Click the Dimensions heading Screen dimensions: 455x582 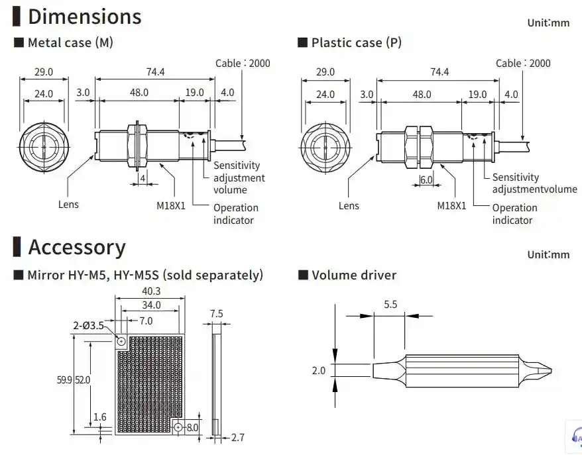(x=84, y=16)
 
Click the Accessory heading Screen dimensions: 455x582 (x=76, y=247)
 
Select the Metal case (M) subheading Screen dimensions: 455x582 (x=70, y=43)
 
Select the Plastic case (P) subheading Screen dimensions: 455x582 (x=356, y=43)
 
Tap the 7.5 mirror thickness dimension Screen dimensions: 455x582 (x=216, y=313)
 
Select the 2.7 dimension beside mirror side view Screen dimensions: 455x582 (x=238, y=438)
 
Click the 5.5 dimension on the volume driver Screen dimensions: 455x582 (x=390, y=305)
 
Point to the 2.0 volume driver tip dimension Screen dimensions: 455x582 (x=318, y=370)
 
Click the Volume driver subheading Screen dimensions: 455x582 (x=353, y=275)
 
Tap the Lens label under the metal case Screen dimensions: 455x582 (x=68, y=204)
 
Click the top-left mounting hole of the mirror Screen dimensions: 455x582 (x=122, y=342)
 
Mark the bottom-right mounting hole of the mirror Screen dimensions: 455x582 (x=178, y=427)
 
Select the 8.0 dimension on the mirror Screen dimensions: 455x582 (x=192, y=428)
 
